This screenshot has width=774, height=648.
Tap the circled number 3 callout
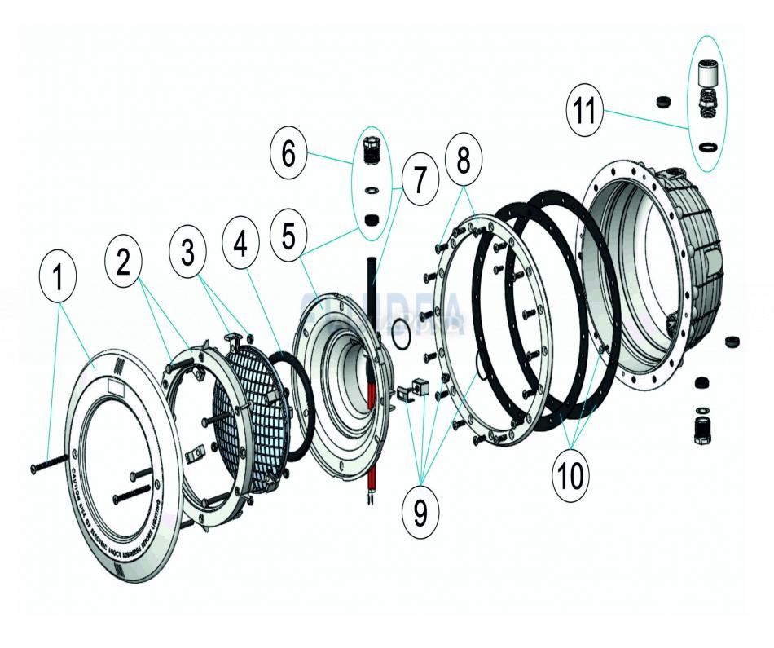coord(188,251)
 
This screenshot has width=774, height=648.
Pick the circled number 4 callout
coord(242,245)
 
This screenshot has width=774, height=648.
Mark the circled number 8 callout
coord(462,161)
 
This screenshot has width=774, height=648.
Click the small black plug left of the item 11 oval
coord(665,102)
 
